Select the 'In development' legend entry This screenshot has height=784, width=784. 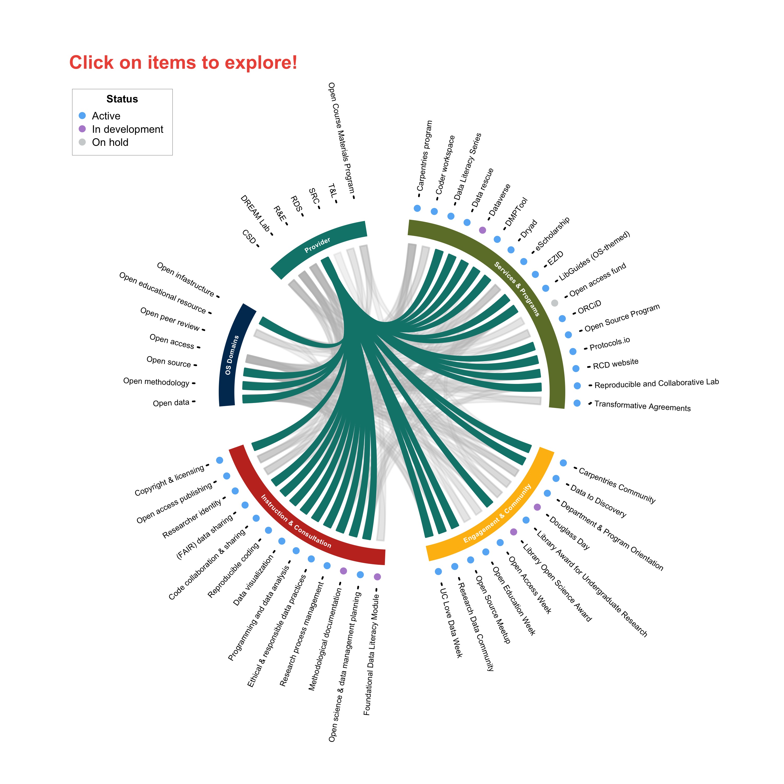(127, 129)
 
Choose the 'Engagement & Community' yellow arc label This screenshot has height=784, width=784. (497, 513)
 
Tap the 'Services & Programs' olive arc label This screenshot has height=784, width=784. (517, 288)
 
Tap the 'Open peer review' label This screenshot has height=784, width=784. (170, 319)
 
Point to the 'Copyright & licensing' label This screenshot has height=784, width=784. (170, 481)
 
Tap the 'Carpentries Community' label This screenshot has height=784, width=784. (617, 485)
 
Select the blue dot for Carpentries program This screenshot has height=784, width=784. (417, 208)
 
